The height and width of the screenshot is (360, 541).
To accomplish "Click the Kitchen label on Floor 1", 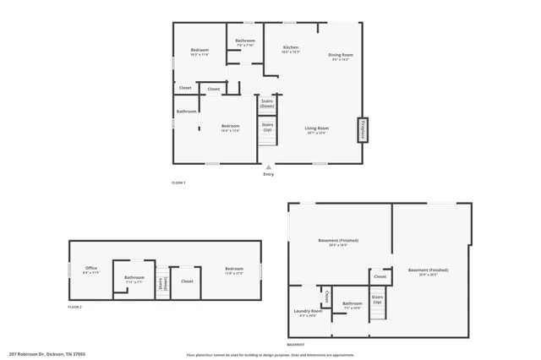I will point(290,47).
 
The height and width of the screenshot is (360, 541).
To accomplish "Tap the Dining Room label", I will point(341,55).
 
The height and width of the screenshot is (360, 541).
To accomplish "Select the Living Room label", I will point(317,128).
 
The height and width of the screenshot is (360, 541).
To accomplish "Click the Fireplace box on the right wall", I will point(363,128).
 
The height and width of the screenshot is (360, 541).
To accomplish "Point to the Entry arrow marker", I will point(269,167).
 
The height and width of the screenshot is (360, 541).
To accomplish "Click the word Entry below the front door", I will point(269,174).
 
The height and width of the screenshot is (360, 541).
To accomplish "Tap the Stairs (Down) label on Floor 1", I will point(267,104).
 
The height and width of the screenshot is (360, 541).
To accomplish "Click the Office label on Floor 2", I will point(90,269).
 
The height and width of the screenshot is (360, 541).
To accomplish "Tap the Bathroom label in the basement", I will point(352,303).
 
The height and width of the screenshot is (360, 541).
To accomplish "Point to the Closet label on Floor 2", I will point(187,281).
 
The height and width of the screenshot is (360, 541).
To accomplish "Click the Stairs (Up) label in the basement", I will point(377,299).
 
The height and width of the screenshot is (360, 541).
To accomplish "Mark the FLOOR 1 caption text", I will point(178,183).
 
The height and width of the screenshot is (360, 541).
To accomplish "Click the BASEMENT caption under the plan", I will point(296,345).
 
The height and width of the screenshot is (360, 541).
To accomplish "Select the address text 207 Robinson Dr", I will point(46,354).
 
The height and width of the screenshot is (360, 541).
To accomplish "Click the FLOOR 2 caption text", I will point(75,308).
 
